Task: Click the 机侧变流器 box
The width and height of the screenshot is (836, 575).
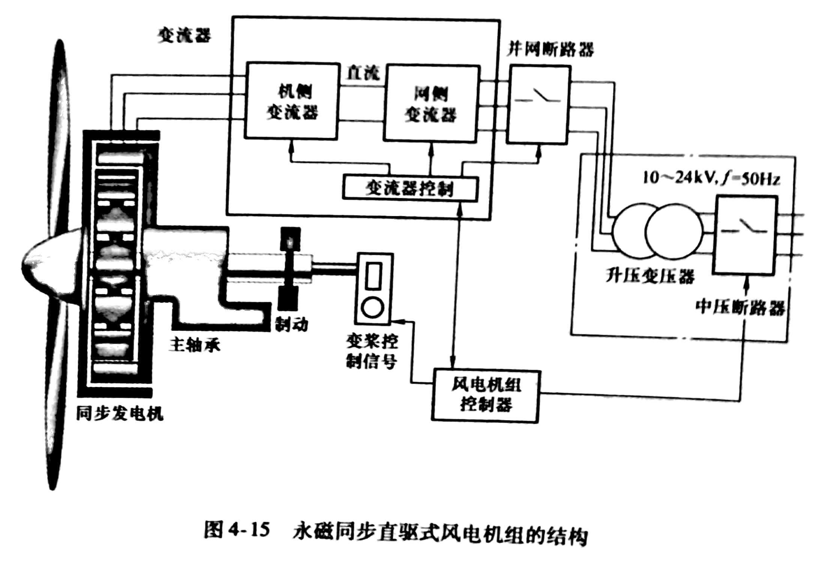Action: click(x=292, y=101)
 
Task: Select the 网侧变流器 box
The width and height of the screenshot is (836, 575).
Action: click(x=431, y=104)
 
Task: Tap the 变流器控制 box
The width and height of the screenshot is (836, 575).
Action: click(x=410, y=189)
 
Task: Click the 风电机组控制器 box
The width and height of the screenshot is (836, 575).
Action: click(x=486, y=396)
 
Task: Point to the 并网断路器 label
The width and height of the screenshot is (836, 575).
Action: click(x=550, y=50)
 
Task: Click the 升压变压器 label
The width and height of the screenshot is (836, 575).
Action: click(x=650, y=276)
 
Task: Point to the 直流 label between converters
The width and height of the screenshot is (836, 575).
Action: click(x=362, y=73)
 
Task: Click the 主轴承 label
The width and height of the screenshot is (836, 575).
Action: click(x=194, y=345)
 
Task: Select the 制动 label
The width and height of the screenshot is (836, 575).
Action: click(x=292, y=324)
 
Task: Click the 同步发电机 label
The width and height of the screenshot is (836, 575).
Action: click(x=119, y=414)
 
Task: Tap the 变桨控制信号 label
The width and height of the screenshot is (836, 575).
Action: click(x=372, y=352)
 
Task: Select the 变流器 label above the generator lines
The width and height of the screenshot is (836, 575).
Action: click(x=184, y=36)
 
